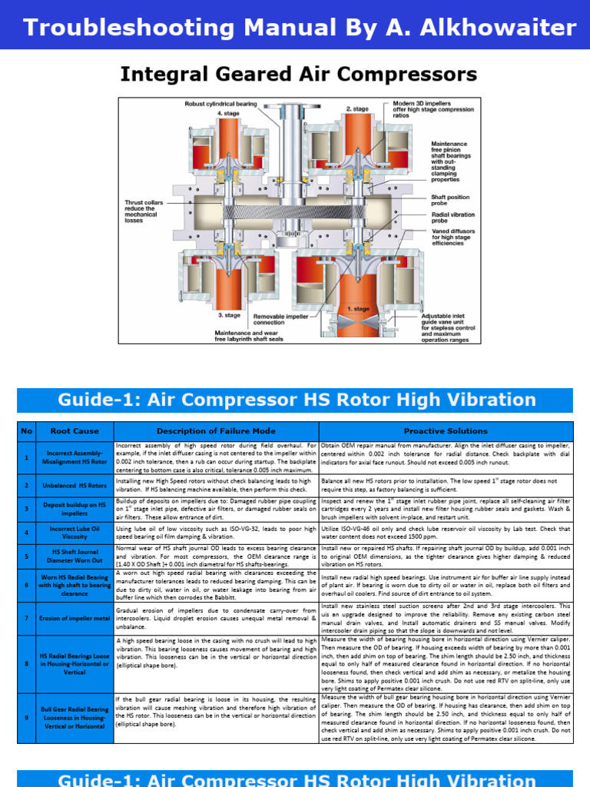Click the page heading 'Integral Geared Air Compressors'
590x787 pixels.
tap(298, 75)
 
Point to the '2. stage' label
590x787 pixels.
tap(357, 109)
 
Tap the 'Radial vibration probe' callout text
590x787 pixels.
tap(452, 218)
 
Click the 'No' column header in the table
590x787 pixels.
tap(28, 430)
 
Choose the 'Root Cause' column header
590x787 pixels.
tap(75, 430)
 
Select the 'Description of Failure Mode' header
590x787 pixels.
tap(216, 430)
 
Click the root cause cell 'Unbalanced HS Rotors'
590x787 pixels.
tap(75, 486)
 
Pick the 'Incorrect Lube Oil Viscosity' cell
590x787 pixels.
tap(75, 532)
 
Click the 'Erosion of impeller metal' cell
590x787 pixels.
tap(75, 618)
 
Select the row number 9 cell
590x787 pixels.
tap(28, 718)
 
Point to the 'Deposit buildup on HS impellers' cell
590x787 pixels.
tap(75, 508)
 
